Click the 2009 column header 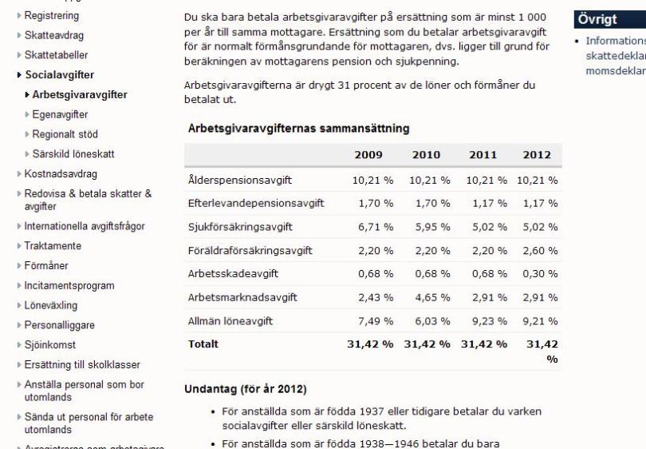[x=368, y=155]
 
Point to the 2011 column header [x=483, y=155]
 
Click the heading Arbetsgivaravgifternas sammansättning [x=298, y=128]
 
